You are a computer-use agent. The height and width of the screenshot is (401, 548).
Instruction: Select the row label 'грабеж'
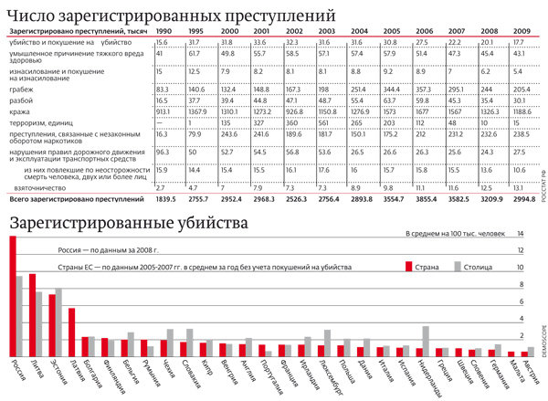(20, 89)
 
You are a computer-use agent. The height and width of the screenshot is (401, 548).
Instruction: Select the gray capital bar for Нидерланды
(426, 341)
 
